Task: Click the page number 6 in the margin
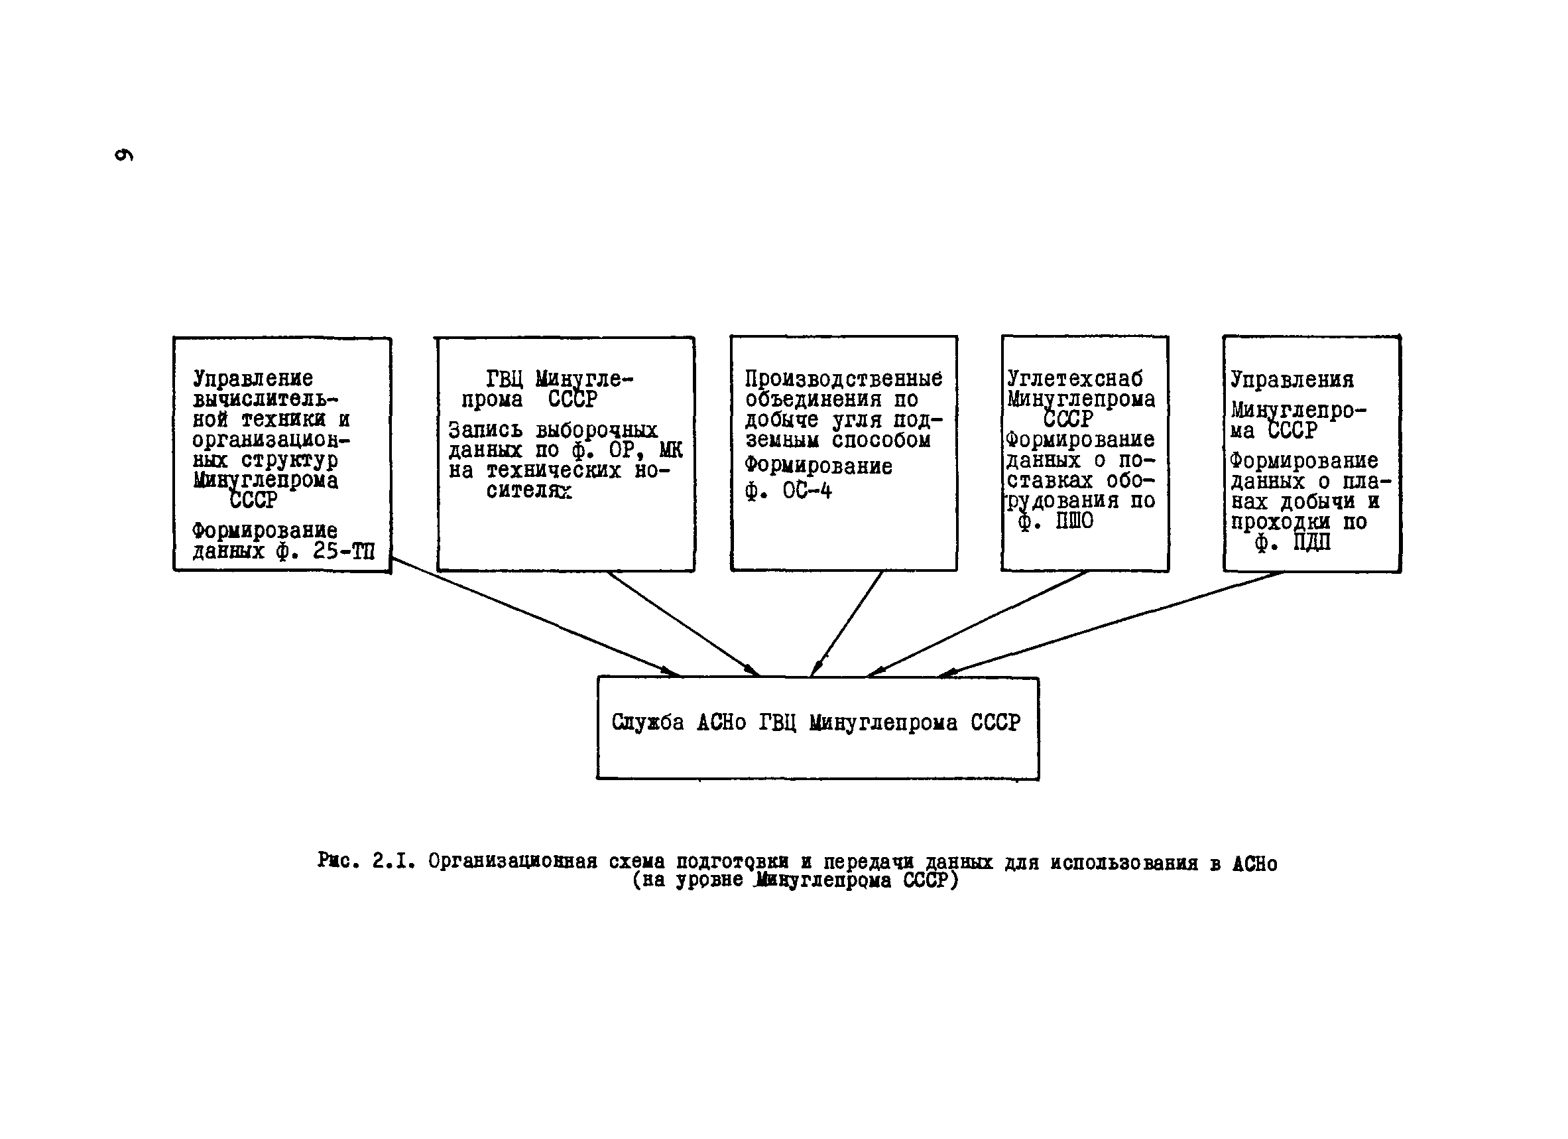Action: coord(124,155)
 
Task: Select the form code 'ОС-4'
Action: coord(807,491)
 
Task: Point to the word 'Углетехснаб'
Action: coord(1074,378)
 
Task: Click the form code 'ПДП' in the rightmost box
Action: coord(1311,543)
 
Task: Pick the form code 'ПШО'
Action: coord(1074,521)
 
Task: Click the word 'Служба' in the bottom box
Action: coord(648,722)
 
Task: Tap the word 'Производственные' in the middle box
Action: coord(843,378)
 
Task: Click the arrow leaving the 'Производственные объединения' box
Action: coord(847,623)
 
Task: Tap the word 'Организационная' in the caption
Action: coord(513,862)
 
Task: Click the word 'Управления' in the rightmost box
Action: coord(1292,379)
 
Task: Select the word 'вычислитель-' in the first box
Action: coord(265,399)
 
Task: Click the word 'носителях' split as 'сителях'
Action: coord(529,491)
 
